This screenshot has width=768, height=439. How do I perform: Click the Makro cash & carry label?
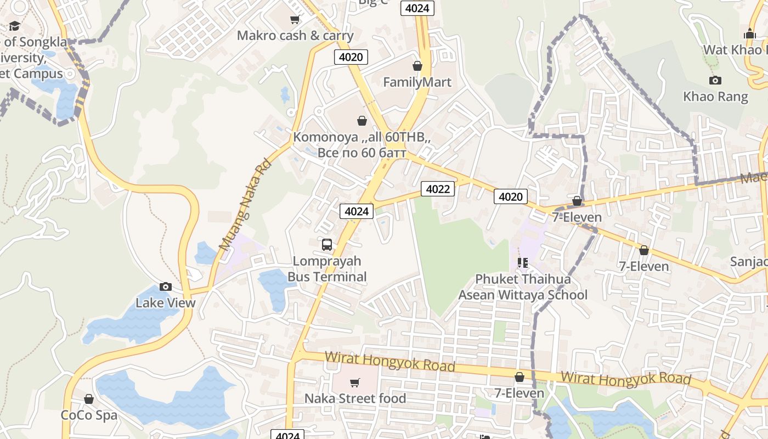pos(295,36)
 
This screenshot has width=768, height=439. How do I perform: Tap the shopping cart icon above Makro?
pos(295,20)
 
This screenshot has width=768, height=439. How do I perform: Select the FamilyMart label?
pos(417,82)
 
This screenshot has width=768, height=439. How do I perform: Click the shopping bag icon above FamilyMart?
pos(417,66)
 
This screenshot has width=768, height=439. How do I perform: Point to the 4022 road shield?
pos(438,189)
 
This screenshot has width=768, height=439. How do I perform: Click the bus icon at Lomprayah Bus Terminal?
pos(327,244)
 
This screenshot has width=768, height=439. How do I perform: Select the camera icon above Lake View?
pos(165,286)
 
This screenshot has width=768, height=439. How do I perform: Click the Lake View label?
pos(165,303)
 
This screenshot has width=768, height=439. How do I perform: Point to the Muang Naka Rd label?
pos(245,204)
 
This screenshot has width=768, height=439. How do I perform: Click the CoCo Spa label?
pos(89,415)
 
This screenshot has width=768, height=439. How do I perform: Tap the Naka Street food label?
pos(355,398)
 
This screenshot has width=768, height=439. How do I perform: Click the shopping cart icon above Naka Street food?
pos(355,382)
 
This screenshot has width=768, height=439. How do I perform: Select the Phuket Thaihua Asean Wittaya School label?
pos(523,287)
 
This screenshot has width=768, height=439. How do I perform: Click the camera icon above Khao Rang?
pos(715,81)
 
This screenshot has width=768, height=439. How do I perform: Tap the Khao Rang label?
pos(715,97)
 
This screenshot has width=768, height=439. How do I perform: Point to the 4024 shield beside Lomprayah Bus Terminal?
pos(357,211)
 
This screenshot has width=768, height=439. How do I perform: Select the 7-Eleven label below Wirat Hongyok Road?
pos(519,393)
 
